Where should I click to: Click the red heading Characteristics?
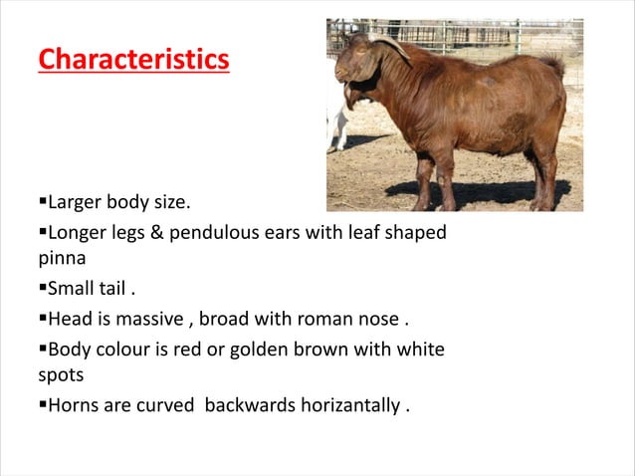[x=133, y=59]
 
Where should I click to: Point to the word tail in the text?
[x=112, y=289]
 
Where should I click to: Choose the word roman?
[x=331, y=318]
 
